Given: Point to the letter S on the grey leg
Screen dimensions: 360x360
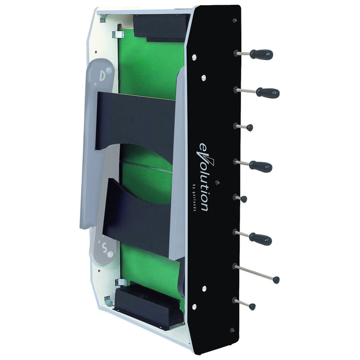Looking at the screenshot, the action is point(105,248).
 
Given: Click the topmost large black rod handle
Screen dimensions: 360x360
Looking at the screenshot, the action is point(261,54).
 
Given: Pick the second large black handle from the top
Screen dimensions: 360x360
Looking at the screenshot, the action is point(268,93).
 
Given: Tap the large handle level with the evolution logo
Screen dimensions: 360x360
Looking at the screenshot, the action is point(261,166).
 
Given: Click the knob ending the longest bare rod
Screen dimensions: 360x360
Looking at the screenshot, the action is point(276,280).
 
